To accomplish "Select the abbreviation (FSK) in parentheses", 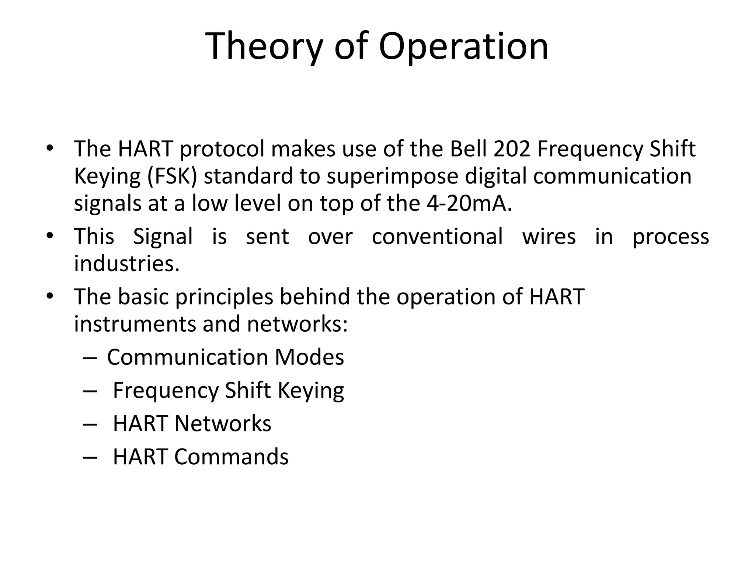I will click(172, 177).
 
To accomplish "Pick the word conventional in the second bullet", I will click(437, 237).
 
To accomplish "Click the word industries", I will click(126, 264).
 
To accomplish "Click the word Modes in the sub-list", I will click(309, 357).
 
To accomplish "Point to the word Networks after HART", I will click(223, 424).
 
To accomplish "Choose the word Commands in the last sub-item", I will click(231, 457).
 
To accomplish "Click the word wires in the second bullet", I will click(549, 237).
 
